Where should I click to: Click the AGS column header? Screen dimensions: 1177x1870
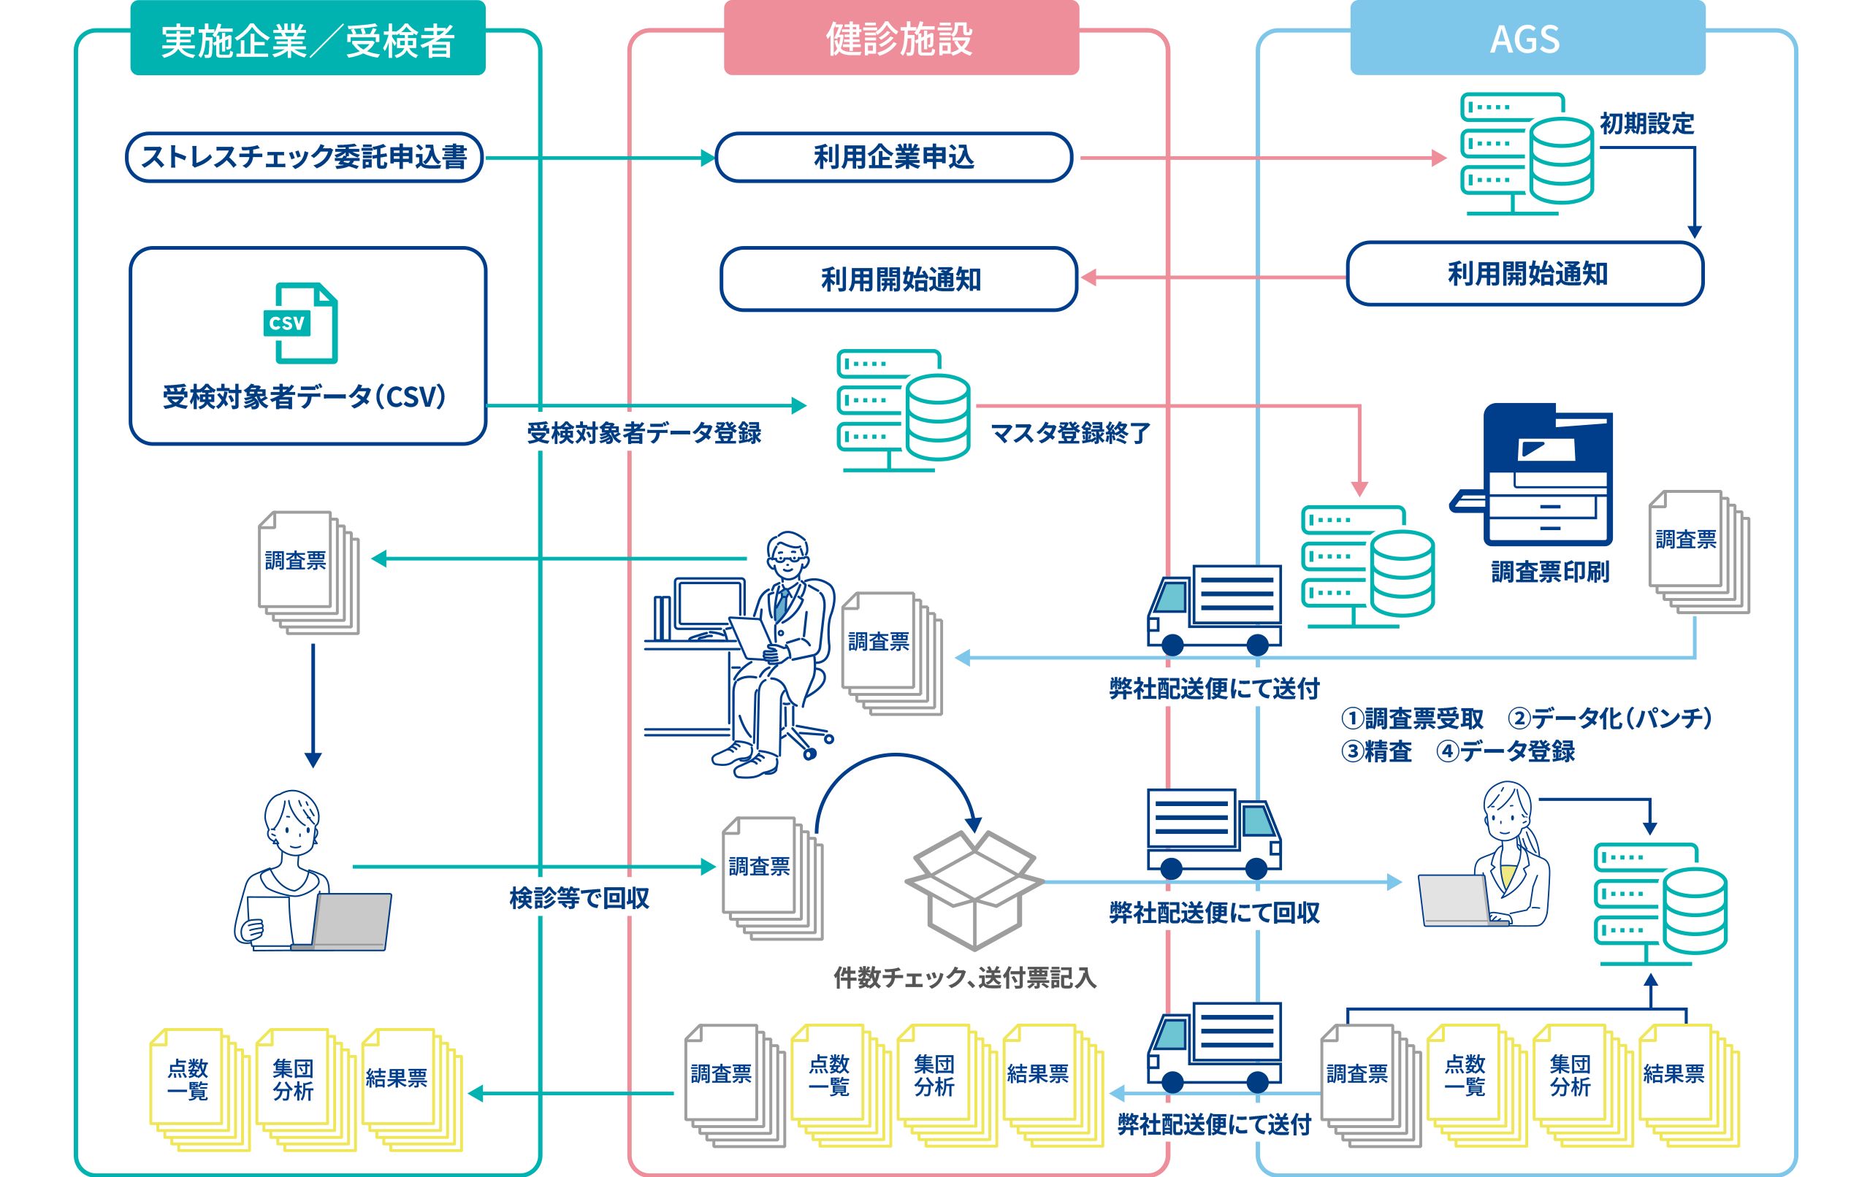[1527, 39]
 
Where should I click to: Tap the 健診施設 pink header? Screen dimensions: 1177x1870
[900, 39]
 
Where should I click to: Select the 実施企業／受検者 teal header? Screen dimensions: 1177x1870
[308, 40]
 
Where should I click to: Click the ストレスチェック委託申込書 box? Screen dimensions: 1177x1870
[305, 158]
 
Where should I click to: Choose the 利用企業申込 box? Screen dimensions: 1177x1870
[894, 158]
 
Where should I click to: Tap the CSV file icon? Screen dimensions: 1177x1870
[300, 323]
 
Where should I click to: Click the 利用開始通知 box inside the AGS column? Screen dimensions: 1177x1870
[1525, 274]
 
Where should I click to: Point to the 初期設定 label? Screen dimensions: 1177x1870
[1646, 123]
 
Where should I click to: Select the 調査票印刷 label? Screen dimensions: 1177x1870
[1550, 572]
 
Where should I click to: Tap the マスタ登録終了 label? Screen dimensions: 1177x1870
[1071, 433]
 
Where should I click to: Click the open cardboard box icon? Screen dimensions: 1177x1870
[974, 890]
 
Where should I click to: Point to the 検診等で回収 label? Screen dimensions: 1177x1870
[579, 898]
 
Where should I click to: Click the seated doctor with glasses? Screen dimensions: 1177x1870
[768, 652]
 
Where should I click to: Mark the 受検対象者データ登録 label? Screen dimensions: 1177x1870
[644, 433]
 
